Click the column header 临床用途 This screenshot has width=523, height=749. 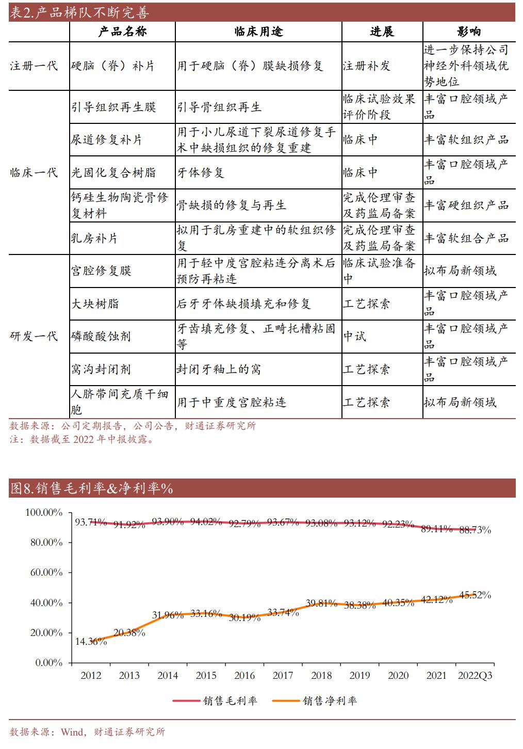(258, 31)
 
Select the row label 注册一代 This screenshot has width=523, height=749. (34, 66)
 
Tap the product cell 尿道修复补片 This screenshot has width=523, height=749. (106, 140)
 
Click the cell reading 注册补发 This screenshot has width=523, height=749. (367, 66)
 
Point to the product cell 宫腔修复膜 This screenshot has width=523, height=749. (101, 271)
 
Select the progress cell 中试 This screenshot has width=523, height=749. (355, 337)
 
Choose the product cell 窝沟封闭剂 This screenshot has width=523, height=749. (101, 370)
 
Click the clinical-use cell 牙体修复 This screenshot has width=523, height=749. (201, 172)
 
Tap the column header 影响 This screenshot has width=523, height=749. (469, 31)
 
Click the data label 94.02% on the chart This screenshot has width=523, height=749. (206, 521)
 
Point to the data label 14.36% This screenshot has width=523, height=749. (91, 641)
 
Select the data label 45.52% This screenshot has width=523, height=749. (475, 595)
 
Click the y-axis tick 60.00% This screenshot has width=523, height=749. (44, 572)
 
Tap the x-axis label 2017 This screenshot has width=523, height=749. (283, 675)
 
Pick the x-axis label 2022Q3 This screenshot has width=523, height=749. (475, 675)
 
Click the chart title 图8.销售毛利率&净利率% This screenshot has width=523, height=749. (91, 488)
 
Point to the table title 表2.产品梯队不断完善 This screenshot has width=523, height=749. (79, 12)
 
